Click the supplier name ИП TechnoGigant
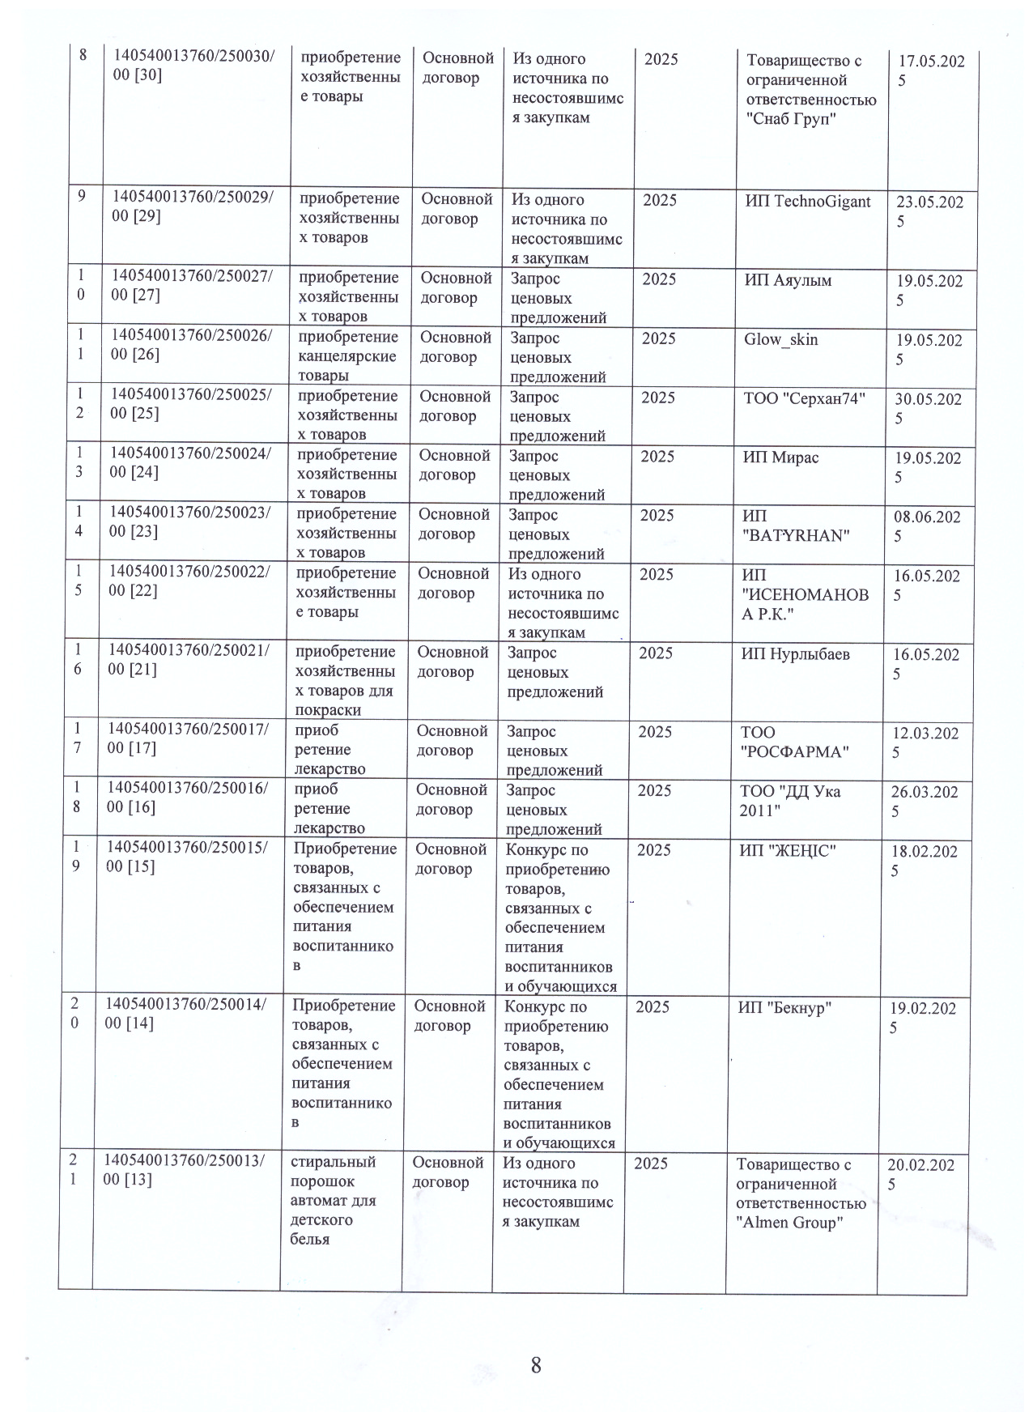[807, 202]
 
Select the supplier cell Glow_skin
[780, 339]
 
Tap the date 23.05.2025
[929, 212]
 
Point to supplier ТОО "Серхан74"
[804, 398]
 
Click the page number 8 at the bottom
[535, 1364]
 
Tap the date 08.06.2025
[927, 526]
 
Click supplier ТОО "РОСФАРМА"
[793, 742]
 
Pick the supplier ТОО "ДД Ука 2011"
[789, 801]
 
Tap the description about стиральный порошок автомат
[333, 1200]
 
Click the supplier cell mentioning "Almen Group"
[800, 1193]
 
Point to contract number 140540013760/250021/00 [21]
[189, 659]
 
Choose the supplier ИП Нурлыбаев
[795, 653]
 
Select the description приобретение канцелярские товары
[347, 356]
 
